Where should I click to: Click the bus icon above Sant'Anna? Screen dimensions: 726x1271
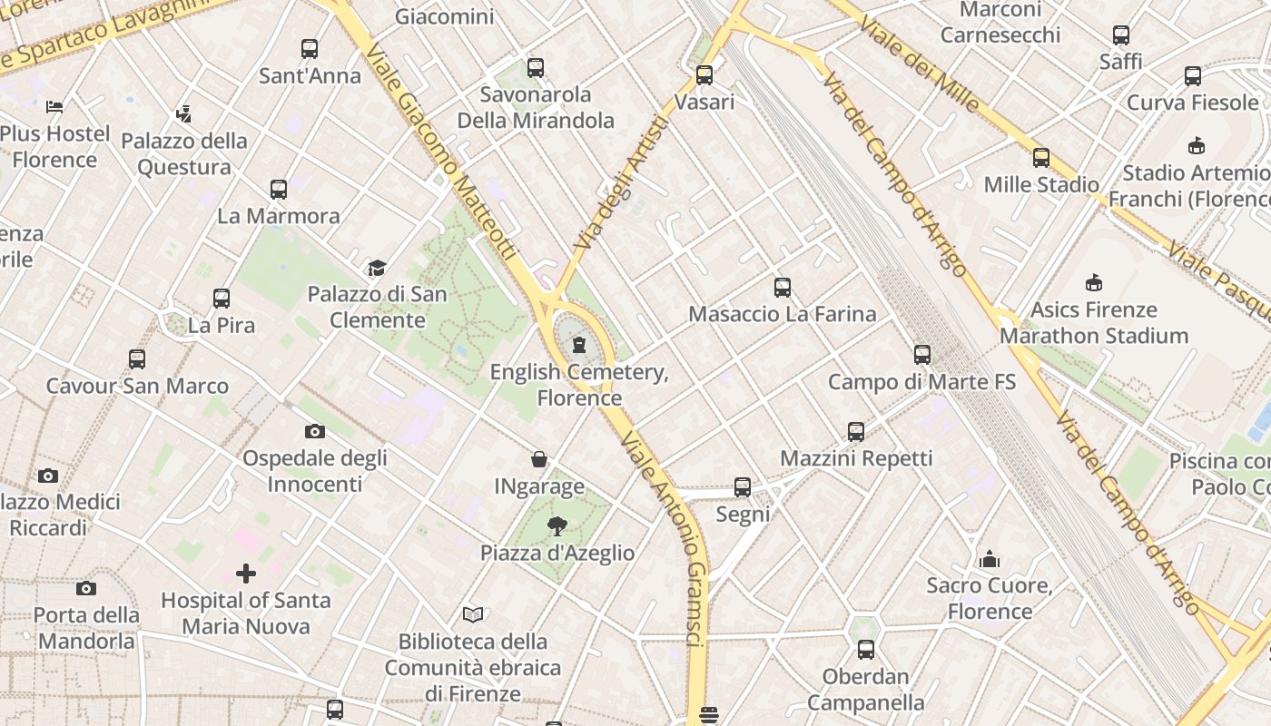click(310, 49)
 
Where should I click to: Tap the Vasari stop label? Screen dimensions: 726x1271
click(704, 102)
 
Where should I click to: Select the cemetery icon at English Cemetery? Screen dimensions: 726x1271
click(579, 345)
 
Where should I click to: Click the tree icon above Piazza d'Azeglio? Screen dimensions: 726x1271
click(557, 525)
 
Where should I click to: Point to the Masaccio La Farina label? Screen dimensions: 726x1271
click(782, 314)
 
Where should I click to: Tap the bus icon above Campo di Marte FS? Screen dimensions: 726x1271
click(922, 355)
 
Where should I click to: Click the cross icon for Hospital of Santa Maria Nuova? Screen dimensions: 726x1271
click(246, 574)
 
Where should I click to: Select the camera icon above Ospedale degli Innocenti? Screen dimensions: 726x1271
click(315, 431)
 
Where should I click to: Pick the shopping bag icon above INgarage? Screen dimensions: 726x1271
click(539, 460)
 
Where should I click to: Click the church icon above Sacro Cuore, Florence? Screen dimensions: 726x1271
click(990, 558)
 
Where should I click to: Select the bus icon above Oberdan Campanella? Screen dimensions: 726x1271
click(866, 650)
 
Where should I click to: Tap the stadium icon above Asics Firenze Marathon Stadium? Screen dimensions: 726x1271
click(1094, 283)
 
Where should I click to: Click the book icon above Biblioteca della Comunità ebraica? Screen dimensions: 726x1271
click(473, 614)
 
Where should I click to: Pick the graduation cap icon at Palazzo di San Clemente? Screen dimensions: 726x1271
click(377, 268)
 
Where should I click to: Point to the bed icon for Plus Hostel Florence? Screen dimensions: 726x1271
click(54, 107)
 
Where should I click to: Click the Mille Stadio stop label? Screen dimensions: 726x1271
click(1041, 184)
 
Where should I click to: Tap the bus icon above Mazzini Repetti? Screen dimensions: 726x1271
click(856, 432)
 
